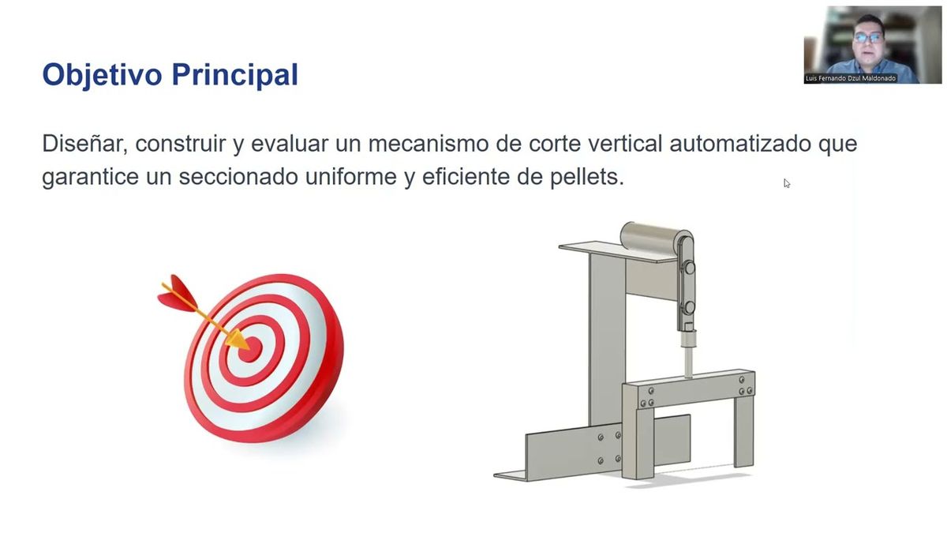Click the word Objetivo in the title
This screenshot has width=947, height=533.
102,74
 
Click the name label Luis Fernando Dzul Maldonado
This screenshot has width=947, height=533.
851,79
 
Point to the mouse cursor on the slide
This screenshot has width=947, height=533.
786,183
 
